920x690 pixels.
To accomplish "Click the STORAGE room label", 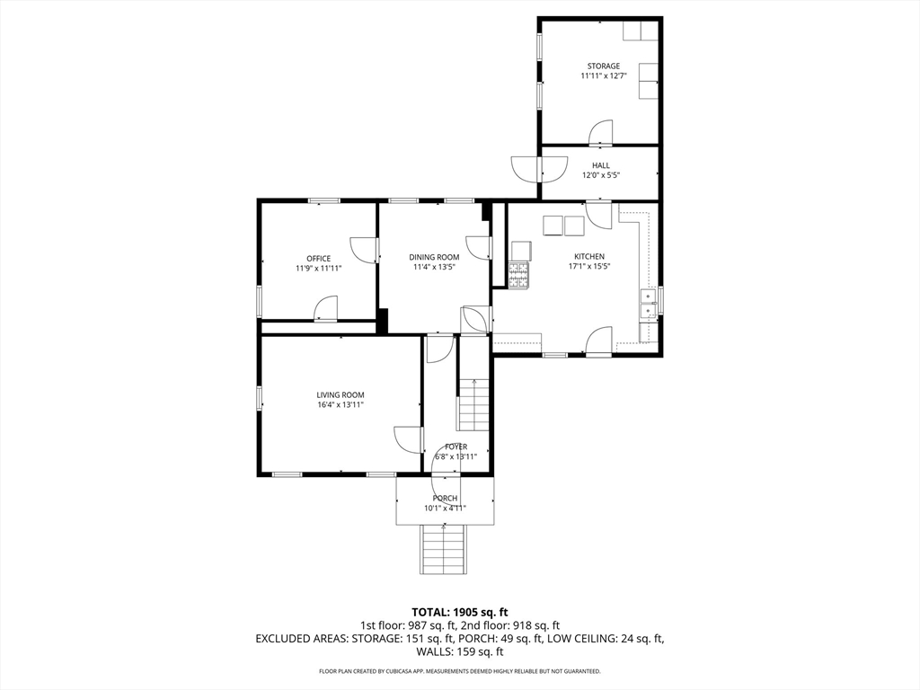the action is pos(603,66).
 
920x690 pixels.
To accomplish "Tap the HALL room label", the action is pos(600,165).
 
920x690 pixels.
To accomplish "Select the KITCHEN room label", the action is pos(589,256).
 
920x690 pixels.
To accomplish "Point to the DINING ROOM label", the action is pos(434,257).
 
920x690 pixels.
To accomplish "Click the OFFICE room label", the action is pos(319,258).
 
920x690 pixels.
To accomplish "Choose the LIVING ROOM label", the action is pos(341,395).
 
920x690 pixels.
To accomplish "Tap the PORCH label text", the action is pos(446,498).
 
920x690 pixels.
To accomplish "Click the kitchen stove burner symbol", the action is pos(518,275).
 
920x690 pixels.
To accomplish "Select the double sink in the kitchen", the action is pos(649,304).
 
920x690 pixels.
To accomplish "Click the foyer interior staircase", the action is pos(473,405).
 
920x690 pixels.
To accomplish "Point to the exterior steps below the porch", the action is pos(444,549).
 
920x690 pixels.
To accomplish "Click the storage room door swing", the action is pos(601,133).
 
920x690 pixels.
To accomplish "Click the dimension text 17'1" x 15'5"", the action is pos(589,266).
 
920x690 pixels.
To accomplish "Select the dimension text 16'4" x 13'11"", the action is pos(341,405).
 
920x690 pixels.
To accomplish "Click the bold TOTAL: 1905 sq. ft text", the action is pos(459,614).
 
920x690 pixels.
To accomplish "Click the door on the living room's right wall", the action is pos(409,439).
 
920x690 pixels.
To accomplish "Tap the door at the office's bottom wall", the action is pos(326,309).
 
